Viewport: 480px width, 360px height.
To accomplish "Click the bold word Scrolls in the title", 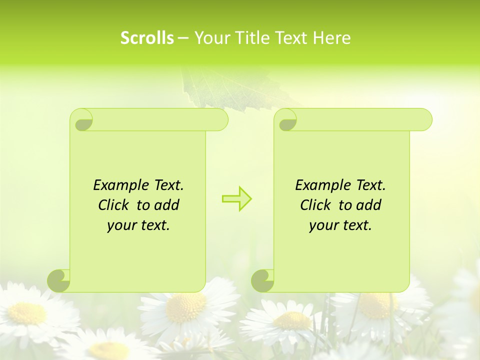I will coord(147,38).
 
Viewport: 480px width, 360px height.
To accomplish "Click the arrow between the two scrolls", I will coord(237,198).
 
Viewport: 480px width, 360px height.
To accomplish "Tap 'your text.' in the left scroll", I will coord(138,225).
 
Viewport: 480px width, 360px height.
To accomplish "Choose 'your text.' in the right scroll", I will coord(340,225).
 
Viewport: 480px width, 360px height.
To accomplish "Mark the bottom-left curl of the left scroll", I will coord(59,280).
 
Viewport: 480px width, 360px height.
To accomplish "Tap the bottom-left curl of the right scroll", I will coord(262,280).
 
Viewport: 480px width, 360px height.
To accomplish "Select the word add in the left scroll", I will coord(167,205).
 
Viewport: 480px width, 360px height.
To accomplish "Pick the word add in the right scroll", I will coord(369,205).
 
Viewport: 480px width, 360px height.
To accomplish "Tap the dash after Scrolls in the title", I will coord(183,38).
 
